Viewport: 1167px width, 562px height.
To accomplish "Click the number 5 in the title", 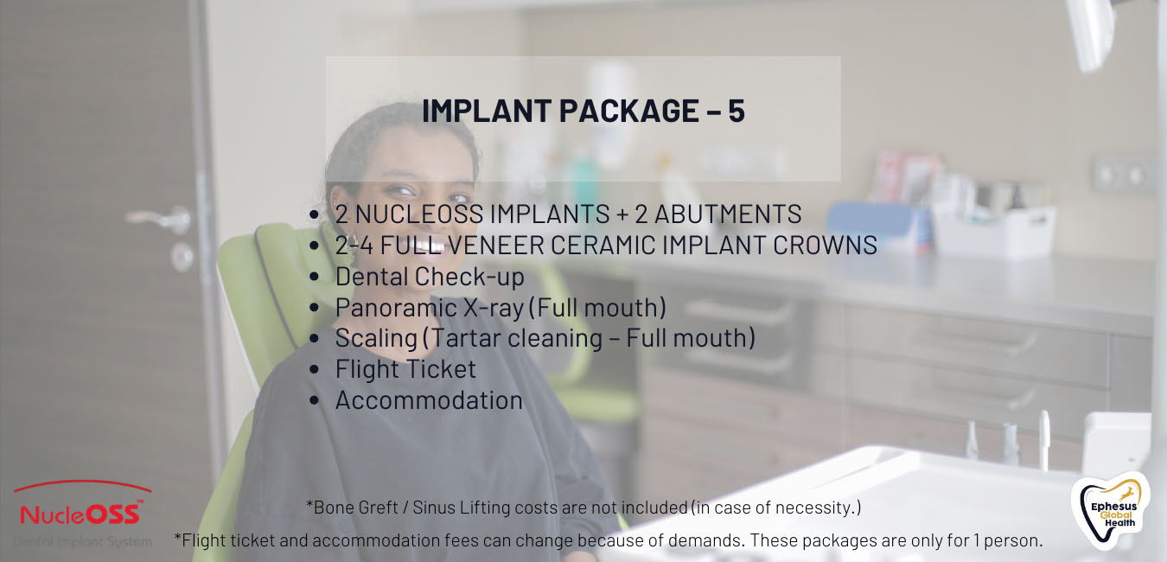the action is pyautogui.click(x=737, y=111).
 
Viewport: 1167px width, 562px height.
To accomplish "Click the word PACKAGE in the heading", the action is pyautogui.click(x=628, y=111).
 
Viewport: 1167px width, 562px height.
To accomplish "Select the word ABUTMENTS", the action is pyautogui.click(x=728, y=214).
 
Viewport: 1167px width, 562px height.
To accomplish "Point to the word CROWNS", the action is pyautogui.click(x=825, y=245).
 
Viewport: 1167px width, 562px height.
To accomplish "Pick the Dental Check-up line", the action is pyautogui.click(x=430, y=277).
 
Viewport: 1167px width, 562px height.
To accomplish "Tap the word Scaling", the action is pyautogui.click(x=376, y=339).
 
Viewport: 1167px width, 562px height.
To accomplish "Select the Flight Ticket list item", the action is pyautogui.click(x=405, y=369).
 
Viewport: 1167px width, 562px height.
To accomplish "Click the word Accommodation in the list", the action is pyautogui.click(x=429, y=400).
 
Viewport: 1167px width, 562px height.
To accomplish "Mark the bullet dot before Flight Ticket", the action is pyautogui.click(x=314, y=369).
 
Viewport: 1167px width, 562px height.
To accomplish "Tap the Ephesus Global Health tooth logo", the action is pyautogui.click(x=1111, y=510).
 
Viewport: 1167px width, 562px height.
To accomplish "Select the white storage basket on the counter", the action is pyautogui.click(x=994, y=232).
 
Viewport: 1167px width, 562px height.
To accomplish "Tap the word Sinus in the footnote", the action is pyautogui.click(x=433, y=507).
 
